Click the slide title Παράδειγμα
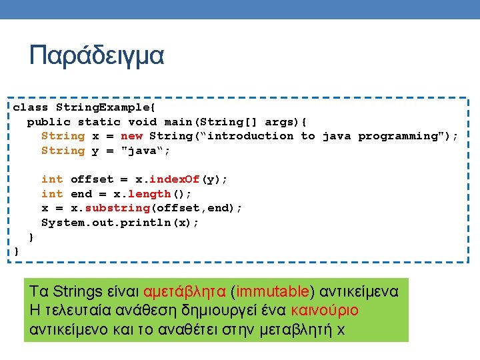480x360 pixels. tap(96, 56)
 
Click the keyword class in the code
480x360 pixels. tap(31, 107)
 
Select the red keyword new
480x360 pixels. tap(132, 136)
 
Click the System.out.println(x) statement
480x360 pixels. tap(121, 223)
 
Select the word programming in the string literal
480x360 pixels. tap(404, 136)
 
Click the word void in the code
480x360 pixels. tap(142, 122)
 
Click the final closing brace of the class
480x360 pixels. tap(17, 251)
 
